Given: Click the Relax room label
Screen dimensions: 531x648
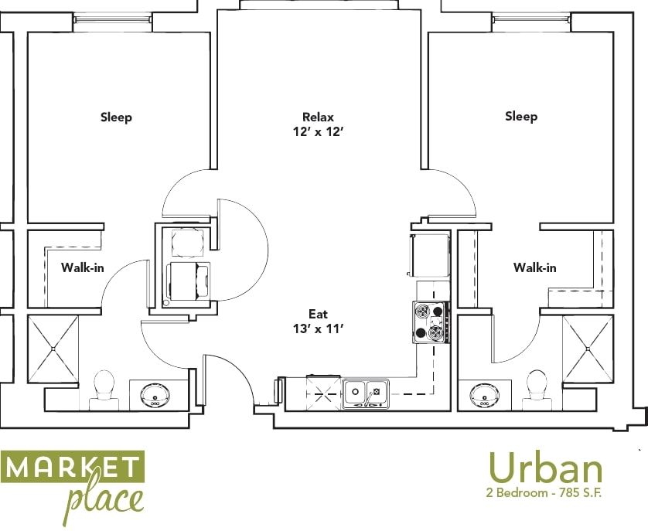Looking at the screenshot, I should pos(318,117).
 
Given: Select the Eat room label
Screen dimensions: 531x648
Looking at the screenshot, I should pos(318,314).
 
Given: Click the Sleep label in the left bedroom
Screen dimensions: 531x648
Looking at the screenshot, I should pos(116,117).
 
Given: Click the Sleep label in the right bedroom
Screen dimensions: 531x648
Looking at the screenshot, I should pos(521,117).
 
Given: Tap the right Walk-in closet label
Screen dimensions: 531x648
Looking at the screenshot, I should pos(534,267).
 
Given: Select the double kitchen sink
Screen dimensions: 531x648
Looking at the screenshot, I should pos(366,392).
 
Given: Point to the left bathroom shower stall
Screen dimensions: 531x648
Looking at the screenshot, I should pos(53,349).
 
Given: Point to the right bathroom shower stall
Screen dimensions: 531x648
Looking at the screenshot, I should pos(588,349).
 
